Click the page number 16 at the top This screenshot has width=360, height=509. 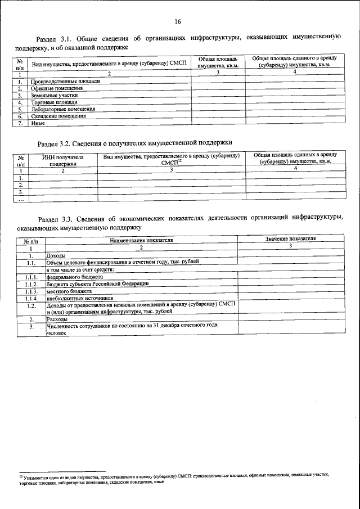click(x=177, y=22)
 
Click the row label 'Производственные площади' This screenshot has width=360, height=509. click(x=66, y=81)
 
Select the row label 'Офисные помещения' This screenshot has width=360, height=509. click(x=56, y=88)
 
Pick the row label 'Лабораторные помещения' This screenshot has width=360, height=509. click(x=63, y=110)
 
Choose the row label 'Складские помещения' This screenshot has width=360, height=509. click(x=58, y=116)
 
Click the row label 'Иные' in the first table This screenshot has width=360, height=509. click(x=38, y=124)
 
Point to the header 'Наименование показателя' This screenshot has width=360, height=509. click(x=141, y=240)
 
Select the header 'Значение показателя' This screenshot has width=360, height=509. click(x=290, y=239)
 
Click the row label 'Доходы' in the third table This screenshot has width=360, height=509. click(x=56, y=255)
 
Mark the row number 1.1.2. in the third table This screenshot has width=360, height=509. click(x=31, y=284)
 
